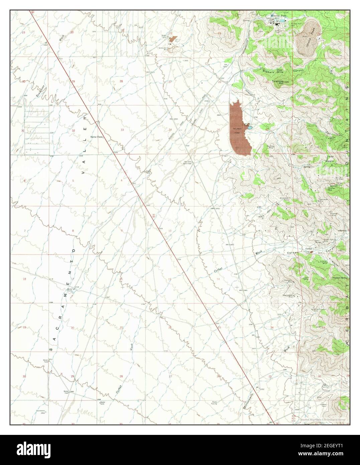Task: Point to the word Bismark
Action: coord(268,71)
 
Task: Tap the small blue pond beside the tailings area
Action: coord(249,127)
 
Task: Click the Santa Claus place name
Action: coord(97,137)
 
